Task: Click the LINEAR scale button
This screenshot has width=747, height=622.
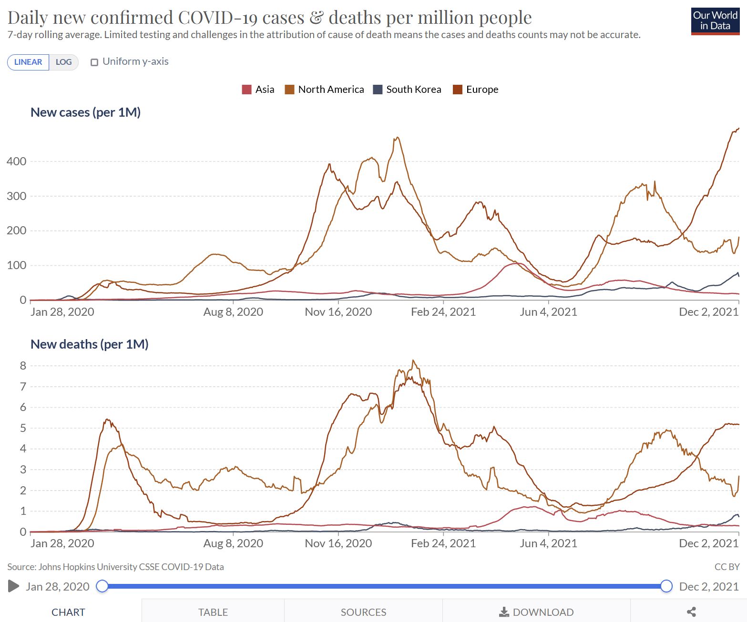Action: (x=28, y=62)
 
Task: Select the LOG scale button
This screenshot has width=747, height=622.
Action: (x=63, y=62)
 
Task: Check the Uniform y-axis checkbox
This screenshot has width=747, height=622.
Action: (x=94, y=62)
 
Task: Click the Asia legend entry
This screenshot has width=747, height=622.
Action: (x=258, y=90)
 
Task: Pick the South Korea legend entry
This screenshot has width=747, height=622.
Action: (x=407, y=90)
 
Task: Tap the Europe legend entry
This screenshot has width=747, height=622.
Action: (x=475, y=90)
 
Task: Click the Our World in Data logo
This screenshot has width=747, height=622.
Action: (x=715, y=21)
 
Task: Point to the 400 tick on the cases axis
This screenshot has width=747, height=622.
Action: (x=17, y=161)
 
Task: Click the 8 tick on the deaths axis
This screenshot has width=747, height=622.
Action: (x=23, y=366)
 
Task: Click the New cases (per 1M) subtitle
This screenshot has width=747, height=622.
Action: (x=85, y=112)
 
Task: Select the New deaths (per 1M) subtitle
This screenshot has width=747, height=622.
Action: (x=89, y=344)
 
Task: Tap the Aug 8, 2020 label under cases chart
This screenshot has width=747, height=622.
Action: (x=233, y=312)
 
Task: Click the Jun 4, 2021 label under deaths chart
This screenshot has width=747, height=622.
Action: (x=548, y=543)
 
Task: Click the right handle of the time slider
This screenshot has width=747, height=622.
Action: (x=666, y=586)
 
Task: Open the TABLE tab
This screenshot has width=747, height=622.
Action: (x=213, y=612)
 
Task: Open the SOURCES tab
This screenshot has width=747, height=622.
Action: (x=363, y=612)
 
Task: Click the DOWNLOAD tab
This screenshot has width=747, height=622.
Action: (x=536, y=612)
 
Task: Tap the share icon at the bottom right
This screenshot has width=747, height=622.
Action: (x=691, y=612)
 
